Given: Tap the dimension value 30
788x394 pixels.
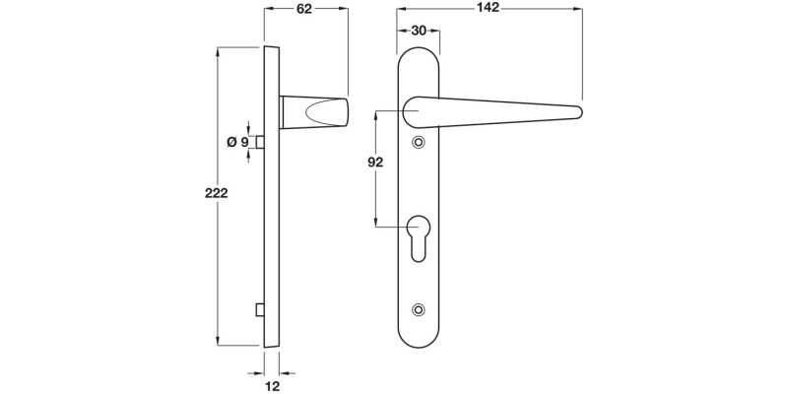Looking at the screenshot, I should tap(418, 31).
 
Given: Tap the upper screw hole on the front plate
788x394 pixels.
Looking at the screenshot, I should tap(420, 143).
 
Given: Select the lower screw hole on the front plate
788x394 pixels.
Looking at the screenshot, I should tap(420, 310).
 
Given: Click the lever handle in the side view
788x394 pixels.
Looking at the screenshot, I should tap(315, 112).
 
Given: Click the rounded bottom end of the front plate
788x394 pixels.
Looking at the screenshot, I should tap(419, 340).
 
